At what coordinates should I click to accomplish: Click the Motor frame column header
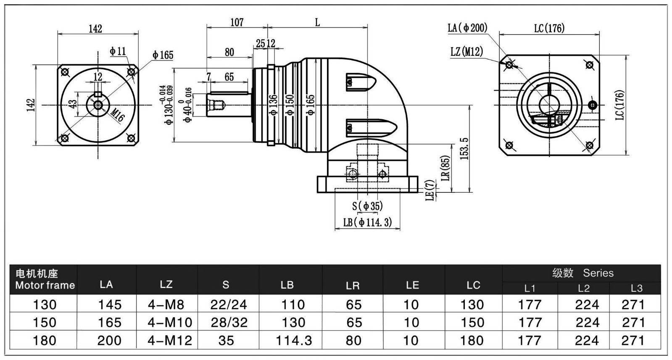click(45, 280)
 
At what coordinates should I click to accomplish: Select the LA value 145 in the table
click(110, 304)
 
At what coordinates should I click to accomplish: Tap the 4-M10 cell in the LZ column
click(170, 322)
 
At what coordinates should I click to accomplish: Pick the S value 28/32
click(229, 322)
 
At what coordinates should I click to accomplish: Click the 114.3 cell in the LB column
click(294, 340)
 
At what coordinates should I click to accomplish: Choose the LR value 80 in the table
click(353, 340)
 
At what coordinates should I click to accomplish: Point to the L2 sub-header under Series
click(583, 288)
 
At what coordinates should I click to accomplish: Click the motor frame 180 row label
click(44, 340)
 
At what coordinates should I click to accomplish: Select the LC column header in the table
click(473, 285)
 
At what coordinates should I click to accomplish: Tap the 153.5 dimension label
click(464, 148)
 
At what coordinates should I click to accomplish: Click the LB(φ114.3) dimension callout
click(367, 222)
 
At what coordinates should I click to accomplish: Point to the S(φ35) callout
click(367, 206)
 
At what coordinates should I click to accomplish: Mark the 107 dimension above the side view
click(237, 22)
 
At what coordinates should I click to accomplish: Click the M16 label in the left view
click(118, 115)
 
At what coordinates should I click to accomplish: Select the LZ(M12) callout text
click(466, 52)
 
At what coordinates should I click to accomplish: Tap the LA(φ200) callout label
click(467, 28)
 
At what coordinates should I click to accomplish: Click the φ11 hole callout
click(118, 51)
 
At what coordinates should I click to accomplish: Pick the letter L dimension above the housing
click(317, 22)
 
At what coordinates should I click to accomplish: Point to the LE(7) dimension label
click(430, 191)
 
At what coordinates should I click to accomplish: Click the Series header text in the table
click(598, 273)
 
